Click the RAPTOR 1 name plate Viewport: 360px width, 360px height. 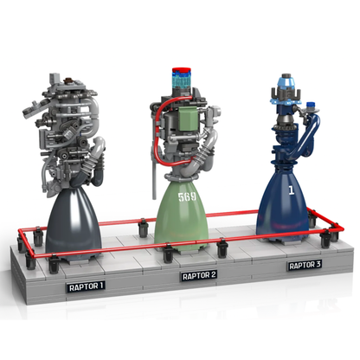tap(86, 284)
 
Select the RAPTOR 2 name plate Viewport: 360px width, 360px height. tap(198, 276)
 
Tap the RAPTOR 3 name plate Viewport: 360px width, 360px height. tap(306, 265)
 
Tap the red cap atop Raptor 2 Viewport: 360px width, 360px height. tap(183, 68)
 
